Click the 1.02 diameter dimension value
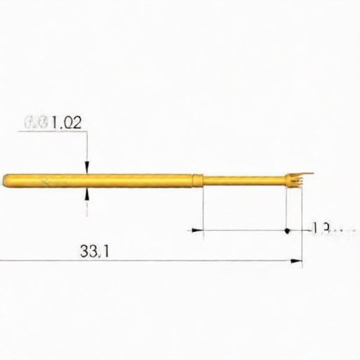click(67, 122)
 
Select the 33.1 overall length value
click(94, 251)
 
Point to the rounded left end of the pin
click(6, 180)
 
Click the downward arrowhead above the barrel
click(86, 168)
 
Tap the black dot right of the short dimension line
click(287, 230)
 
